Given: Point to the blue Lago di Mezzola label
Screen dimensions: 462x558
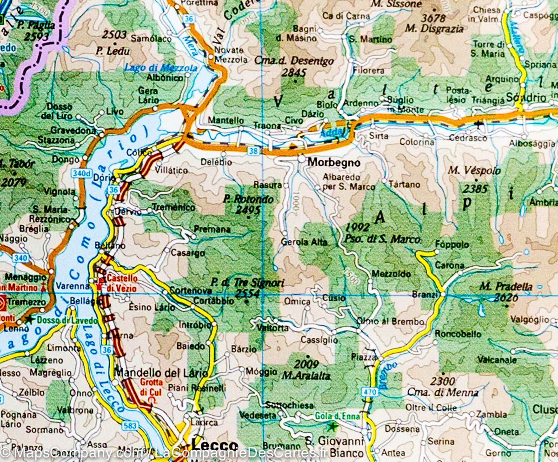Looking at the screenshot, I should (x=160, y=68).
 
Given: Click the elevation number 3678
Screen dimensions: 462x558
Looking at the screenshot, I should (x=433, y=18).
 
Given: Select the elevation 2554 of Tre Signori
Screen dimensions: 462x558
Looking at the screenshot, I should (x=247, y=293).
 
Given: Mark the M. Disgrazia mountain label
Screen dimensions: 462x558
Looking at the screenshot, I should (x=434, y=29).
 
